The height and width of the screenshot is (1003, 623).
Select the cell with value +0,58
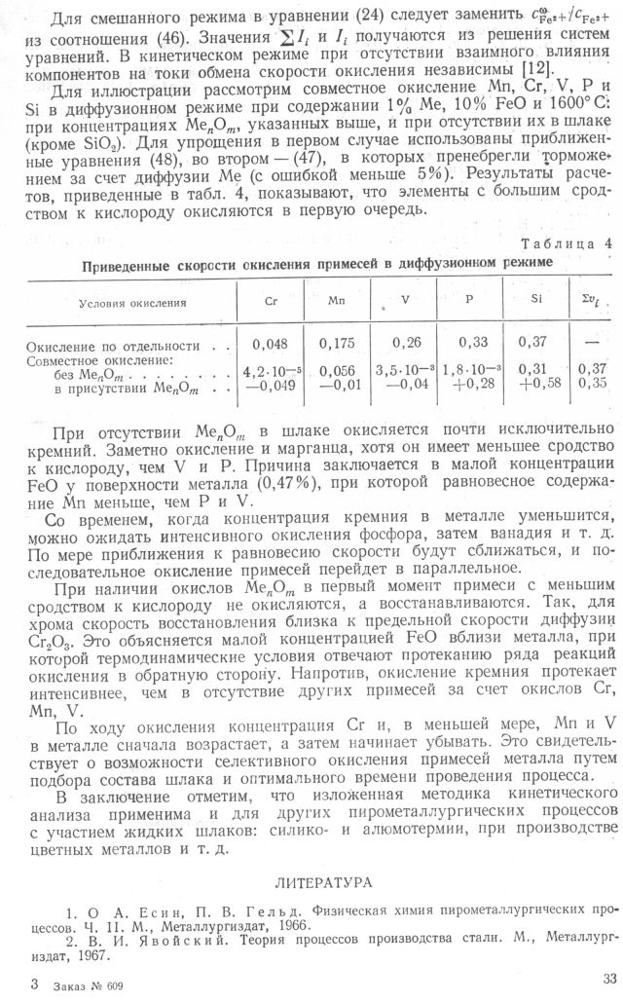(x=531, y=387)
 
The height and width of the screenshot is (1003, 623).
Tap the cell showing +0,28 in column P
(x=469, y=387)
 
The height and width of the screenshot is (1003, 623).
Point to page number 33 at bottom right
(x=602, y=981)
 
